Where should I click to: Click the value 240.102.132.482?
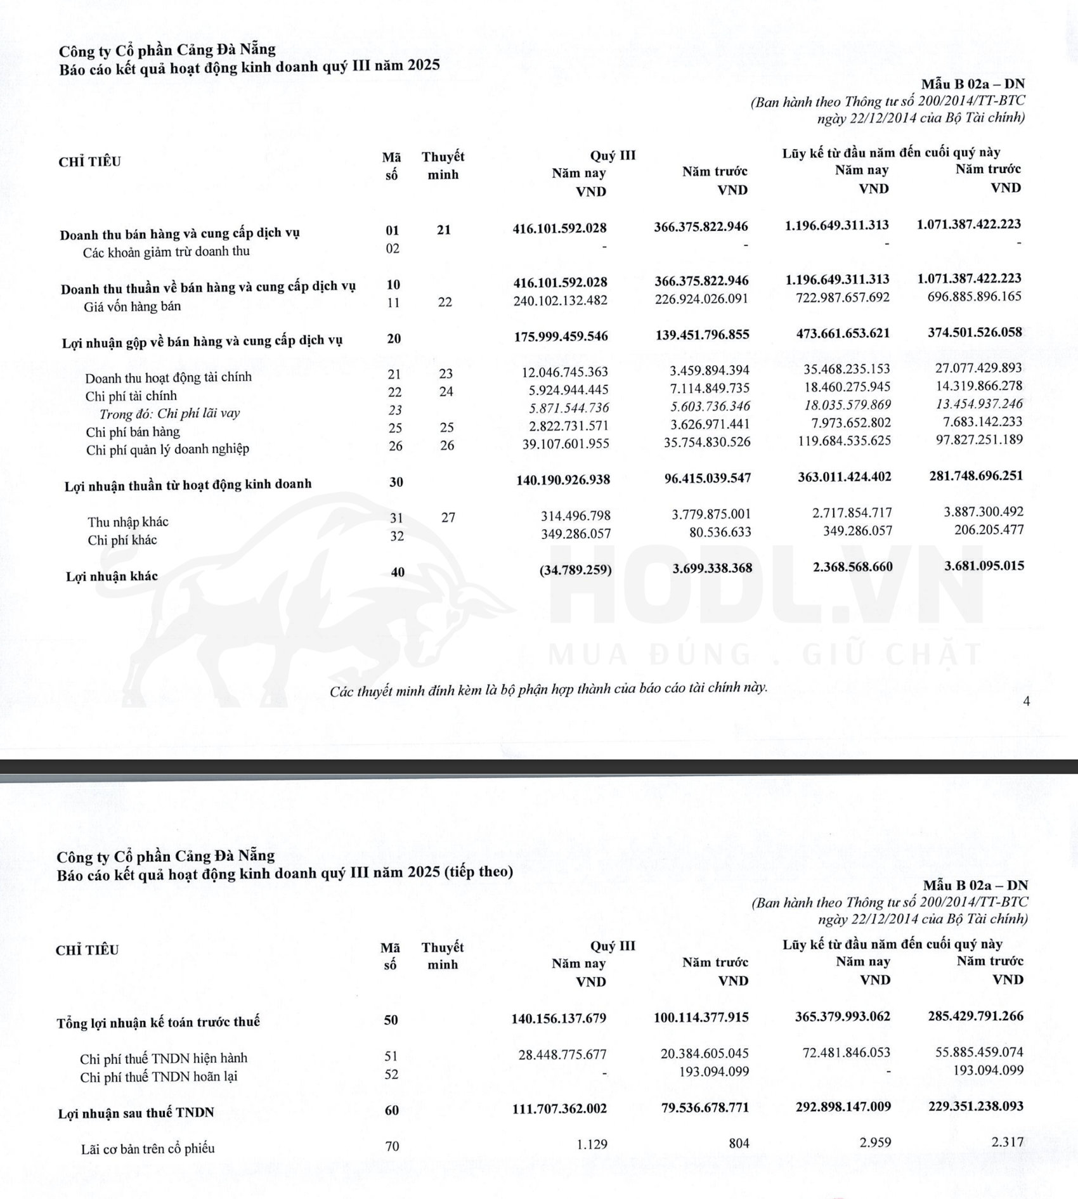(x=560, y=301)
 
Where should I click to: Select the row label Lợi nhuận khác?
(x=112, y=576)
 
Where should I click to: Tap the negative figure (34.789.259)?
(x=575, y=570)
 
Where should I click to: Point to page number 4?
(x=1026, y=701)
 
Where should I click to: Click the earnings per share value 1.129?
(x=592, y=1144)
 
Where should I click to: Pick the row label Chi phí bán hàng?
(x=133, y=432)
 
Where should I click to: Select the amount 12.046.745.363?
(x=564, y=372)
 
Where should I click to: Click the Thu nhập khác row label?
(x=127, y=522)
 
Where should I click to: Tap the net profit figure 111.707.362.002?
(x=559, y=1108)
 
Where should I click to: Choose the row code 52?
(x=391, y=1074)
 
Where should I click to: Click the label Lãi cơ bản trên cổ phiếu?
(x=147, y=1148)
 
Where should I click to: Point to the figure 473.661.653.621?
(x=843, y=334)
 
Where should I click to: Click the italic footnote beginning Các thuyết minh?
(x=548, y=689)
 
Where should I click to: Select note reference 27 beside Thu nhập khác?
(x=448, y=517)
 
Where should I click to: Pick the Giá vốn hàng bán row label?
(x=132, y=307)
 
